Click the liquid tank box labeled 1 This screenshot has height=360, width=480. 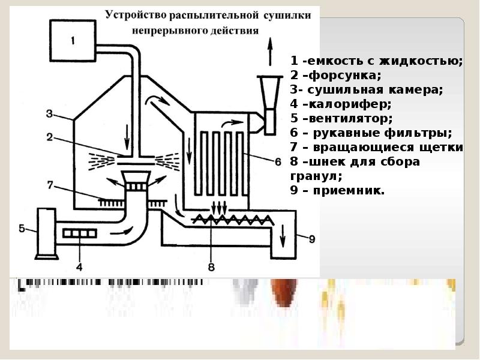(72, 41)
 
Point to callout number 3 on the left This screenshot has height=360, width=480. (50, 113)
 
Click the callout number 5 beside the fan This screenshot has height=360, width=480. (22, 228)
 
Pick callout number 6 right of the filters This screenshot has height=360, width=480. (277, 161)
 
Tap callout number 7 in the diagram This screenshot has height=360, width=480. (51, 183)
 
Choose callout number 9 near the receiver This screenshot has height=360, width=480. (311, 238)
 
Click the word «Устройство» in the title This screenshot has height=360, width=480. (136, 14)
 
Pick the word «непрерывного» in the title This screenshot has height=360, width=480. (164, 28)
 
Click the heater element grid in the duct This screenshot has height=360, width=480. (80, 233)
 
